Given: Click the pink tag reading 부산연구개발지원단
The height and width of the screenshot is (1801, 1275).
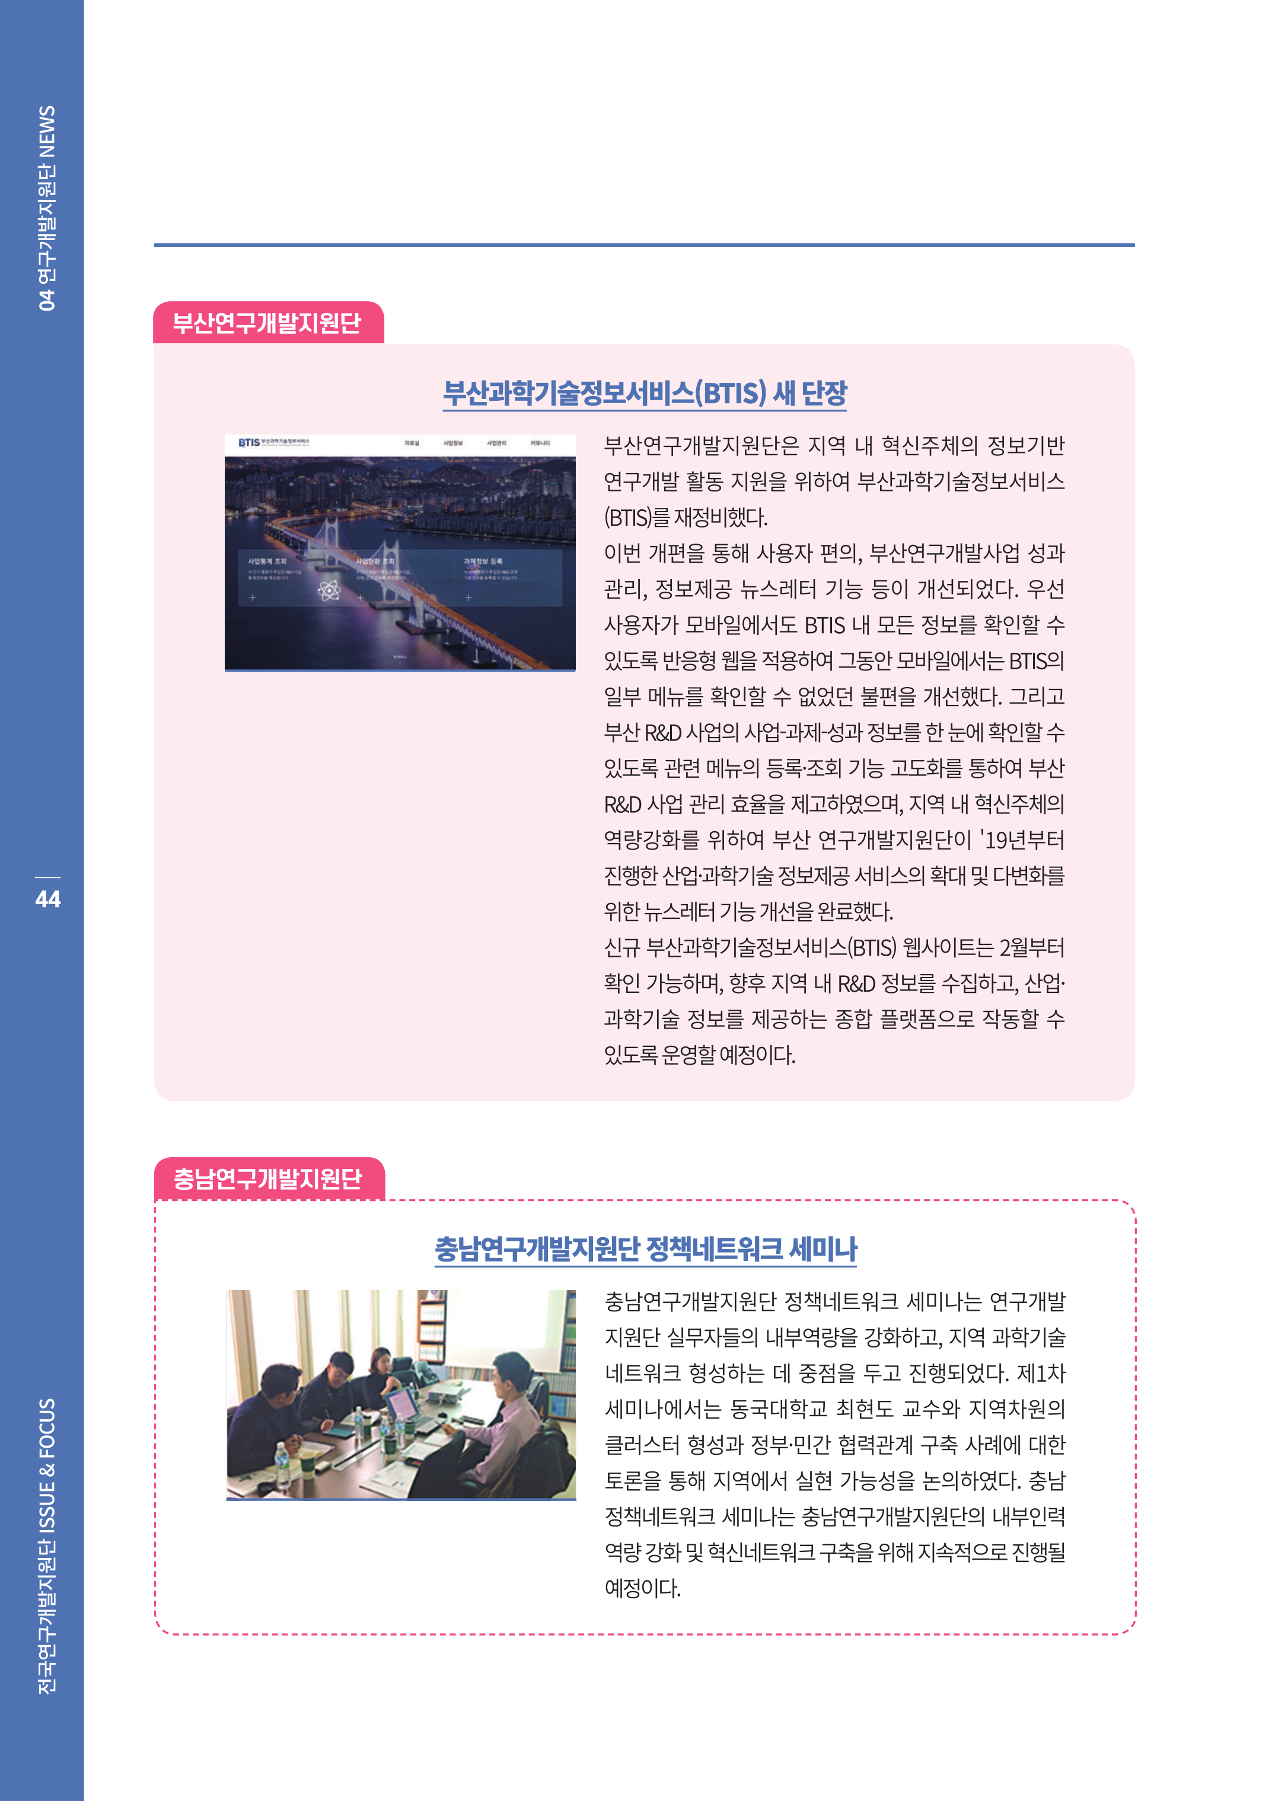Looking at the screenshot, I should pos(267,322).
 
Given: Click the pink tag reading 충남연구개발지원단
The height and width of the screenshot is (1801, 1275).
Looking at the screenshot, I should pos(267,1179).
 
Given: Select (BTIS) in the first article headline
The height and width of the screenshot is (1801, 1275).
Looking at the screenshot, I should pos(730,392).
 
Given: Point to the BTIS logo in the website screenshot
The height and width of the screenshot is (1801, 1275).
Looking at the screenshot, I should pos(249,443).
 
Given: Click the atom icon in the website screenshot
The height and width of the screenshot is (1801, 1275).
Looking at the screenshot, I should pos(329,590).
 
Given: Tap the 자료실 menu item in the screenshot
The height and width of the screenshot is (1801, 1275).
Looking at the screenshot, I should pos(412,443).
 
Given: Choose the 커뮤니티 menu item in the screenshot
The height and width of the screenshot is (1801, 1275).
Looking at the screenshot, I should pos(540,443).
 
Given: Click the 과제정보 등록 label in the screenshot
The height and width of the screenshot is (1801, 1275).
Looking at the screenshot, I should pos(483,561).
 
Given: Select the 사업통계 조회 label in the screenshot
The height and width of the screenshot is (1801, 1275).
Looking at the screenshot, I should pos(267,561).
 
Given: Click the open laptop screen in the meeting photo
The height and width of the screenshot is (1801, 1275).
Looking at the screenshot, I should pos(402,1401).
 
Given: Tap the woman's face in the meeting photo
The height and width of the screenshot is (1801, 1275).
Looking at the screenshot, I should pos(383,1360).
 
